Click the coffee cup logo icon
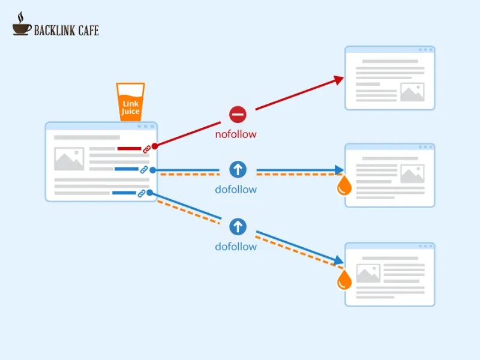coord(22,25)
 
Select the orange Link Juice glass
coord(130,102)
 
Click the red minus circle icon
coord(238,114)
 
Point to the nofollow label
coord(236,134)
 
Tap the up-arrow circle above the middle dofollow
coord(238,170)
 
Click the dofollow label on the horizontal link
coord(236,190)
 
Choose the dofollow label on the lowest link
coord(236,247)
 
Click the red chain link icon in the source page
coord(146,149)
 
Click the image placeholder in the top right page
coord(412,92)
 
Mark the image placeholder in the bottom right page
coord(368,273)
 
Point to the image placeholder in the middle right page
coord(412,174)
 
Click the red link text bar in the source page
coord(128,148)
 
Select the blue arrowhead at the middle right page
coord(340,170)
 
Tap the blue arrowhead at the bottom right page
coord(339,260)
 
